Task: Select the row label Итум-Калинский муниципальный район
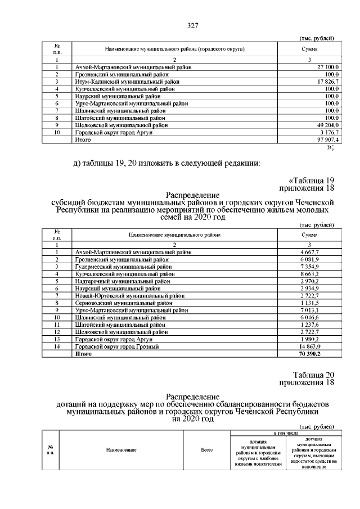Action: tap(128, 82)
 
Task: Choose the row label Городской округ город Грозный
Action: tap(117, 346)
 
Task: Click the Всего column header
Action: tap(208, 451)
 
